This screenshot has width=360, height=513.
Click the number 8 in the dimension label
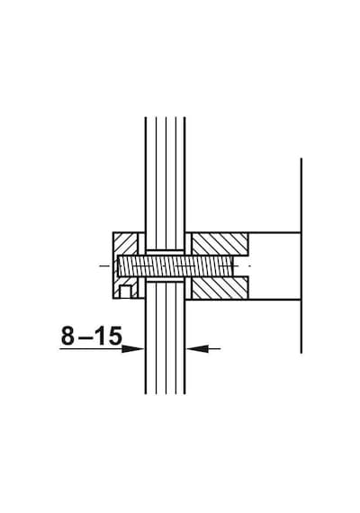point(67,336)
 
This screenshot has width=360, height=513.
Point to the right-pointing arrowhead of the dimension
point(132,349)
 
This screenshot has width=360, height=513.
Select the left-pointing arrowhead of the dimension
point(198,349)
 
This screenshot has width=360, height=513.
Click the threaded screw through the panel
point(175,265)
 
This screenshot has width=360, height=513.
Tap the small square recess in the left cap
point(125,292)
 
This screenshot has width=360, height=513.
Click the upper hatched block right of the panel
point(220,244)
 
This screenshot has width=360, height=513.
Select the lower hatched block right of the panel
point(220,288)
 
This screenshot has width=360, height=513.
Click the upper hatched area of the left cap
point(125,244)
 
